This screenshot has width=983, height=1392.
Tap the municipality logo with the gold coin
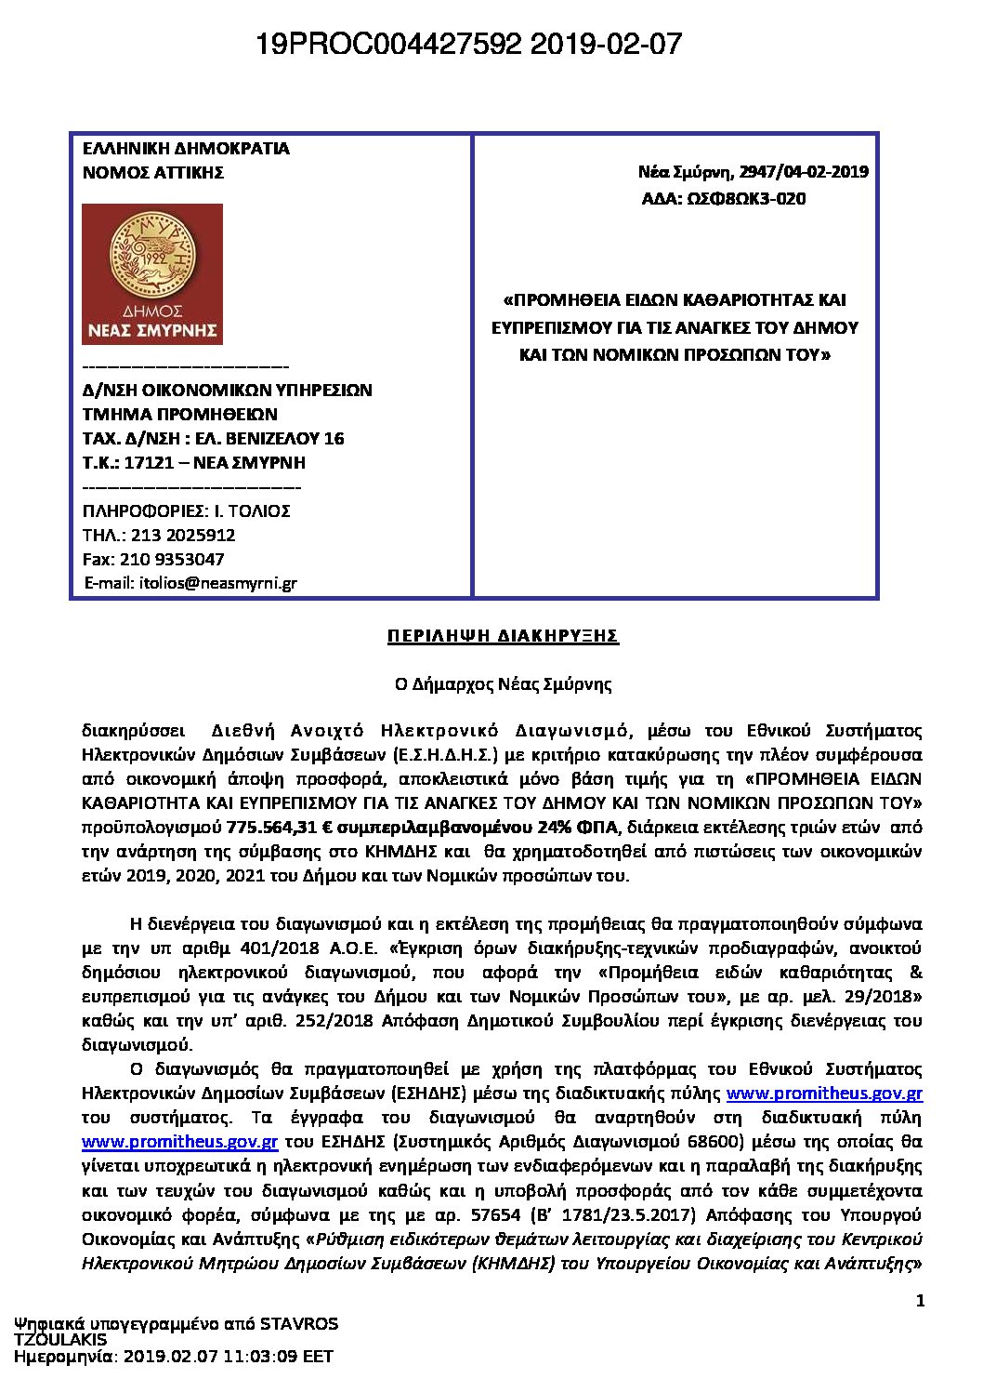(x=152, y=274)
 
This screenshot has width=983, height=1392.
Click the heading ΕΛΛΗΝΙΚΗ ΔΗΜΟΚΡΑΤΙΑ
(x=186, y=148)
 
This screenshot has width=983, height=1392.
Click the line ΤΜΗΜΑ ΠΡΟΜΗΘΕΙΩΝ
(x=180, y=414)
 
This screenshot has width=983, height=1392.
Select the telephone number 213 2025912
(x=185, y=535)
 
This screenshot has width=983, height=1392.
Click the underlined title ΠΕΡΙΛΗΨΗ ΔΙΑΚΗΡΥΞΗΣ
(x=503, y=636)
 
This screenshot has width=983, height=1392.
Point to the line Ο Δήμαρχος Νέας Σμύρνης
(x=503, y=684)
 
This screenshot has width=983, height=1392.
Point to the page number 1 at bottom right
(x=920, y=1301)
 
